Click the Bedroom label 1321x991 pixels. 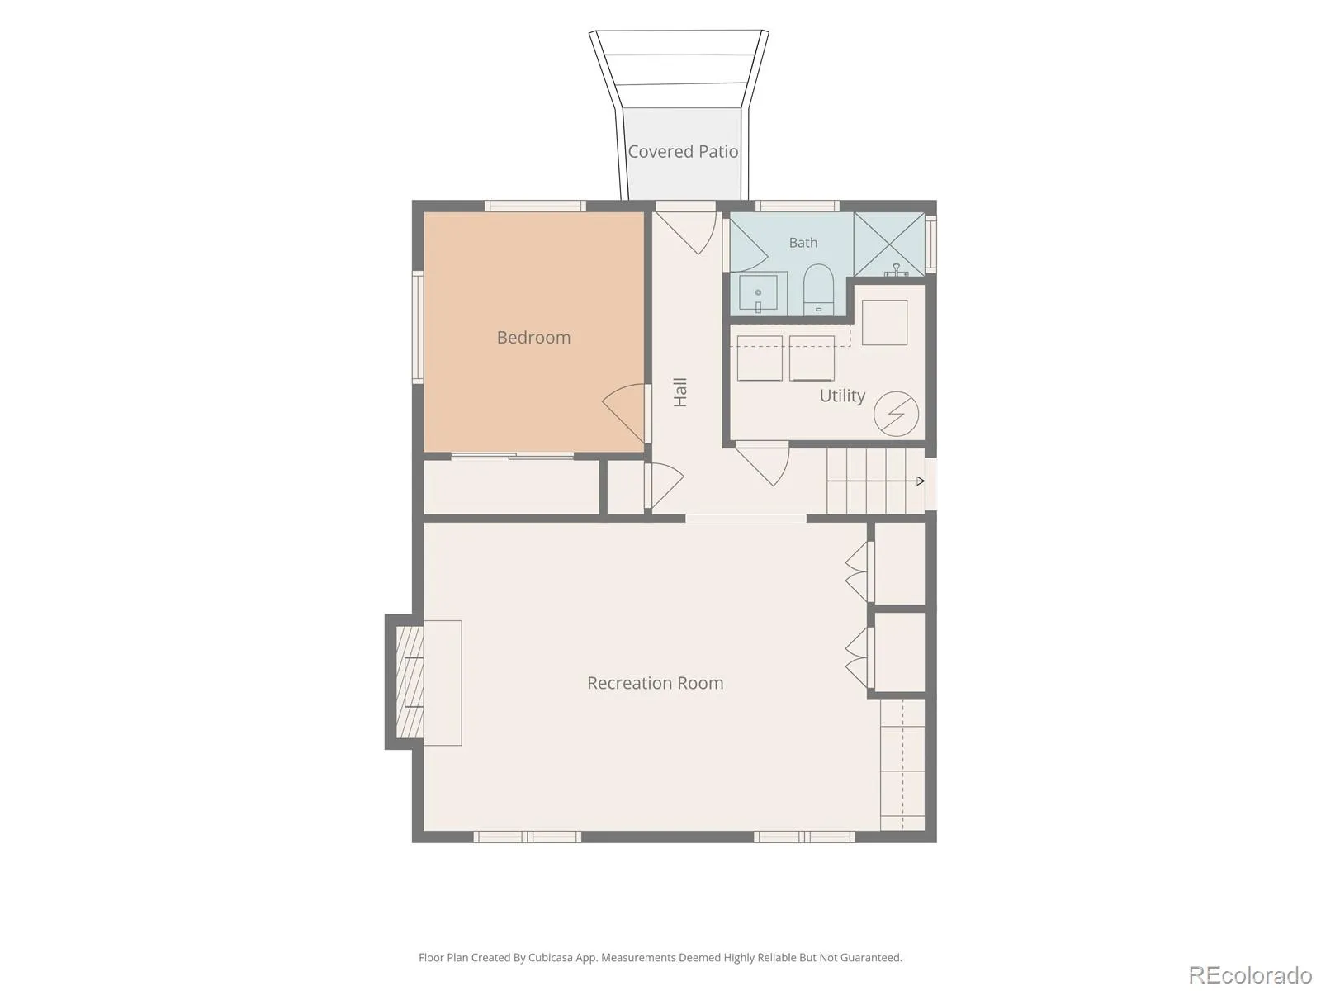533,338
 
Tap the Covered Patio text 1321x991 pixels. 683,152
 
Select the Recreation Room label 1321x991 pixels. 655,683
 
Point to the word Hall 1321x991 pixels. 680,392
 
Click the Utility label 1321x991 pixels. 842,396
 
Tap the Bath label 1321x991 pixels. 803,243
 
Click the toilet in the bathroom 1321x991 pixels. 818,289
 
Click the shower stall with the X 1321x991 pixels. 889,244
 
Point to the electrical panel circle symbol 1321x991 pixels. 896,414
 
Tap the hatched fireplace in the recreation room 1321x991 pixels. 410,682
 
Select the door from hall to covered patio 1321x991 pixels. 685,227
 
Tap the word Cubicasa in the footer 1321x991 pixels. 551,957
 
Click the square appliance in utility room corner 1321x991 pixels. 884,323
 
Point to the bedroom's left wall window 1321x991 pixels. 418,327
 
